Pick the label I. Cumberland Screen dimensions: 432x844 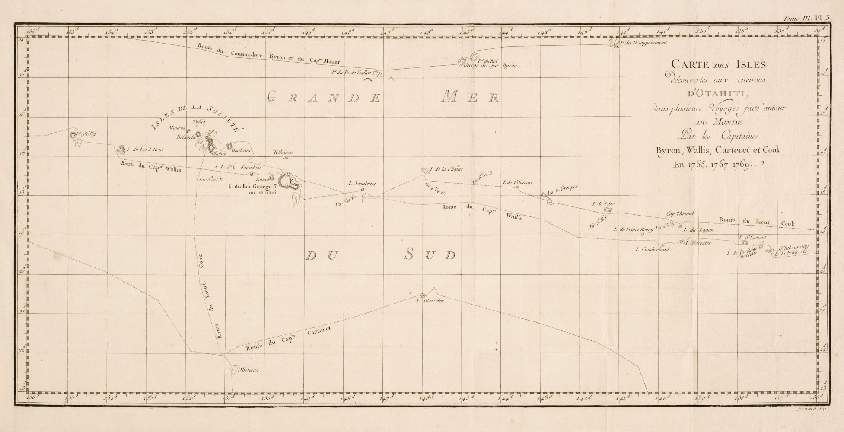(x=652, y=249)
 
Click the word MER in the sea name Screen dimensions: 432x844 (x=469, y=98)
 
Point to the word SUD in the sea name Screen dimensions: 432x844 (x=430, y=255)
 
